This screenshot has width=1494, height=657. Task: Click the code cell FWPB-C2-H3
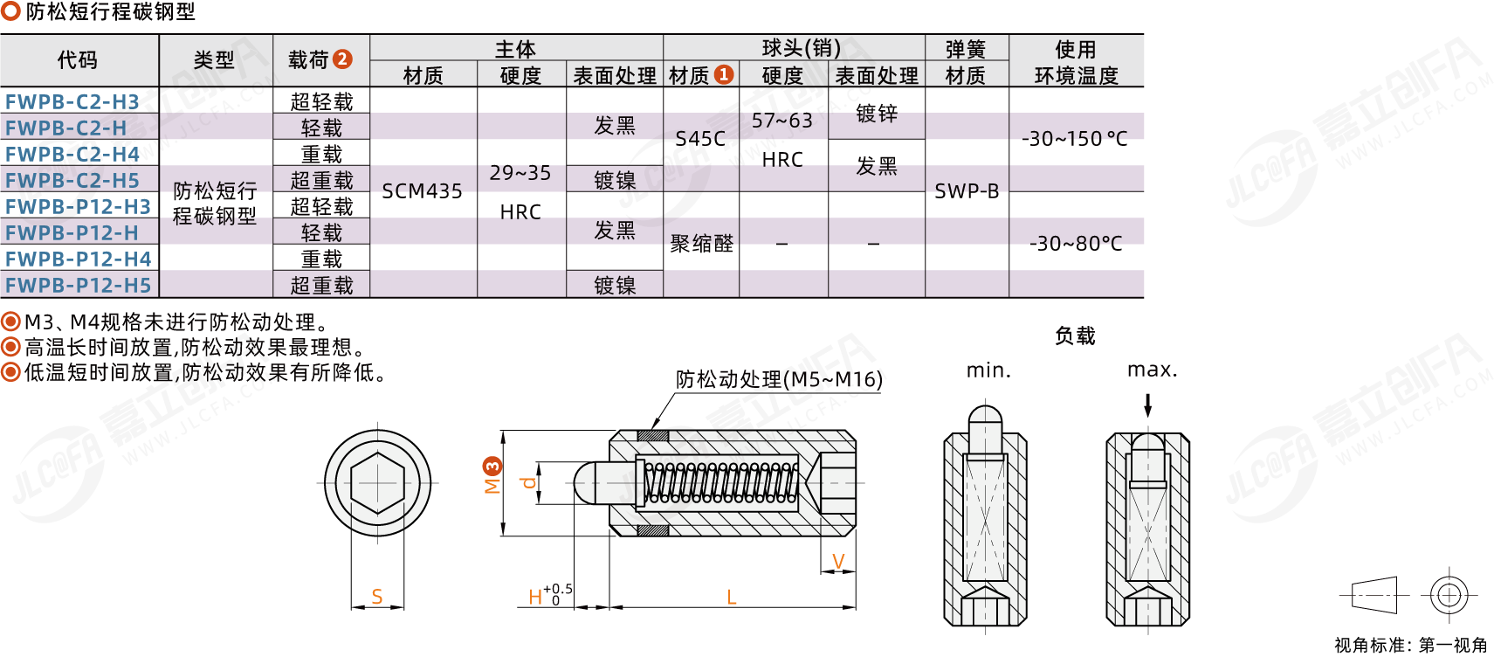click(72, 101)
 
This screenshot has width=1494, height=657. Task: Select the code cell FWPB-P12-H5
click(79, 285)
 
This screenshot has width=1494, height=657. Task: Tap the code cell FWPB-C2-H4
click(72, 154)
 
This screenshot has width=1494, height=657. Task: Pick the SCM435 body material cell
click(422, 191)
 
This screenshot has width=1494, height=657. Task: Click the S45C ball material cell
click(700, 139)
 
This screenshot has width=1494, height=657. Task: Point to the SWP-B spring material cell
click(967, 191)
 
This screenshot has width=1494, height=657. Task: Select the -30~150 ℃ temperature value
click(1075, 139)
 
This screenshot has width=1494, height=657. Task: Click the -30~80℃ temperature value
click(1076, 244)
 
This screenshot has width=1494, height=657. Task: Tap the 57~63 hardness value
click(782, 121)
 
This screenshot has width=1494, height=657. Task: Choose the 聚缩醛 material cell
click(701, 244)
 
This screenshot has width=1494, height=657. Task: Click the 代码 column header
click(78, 60)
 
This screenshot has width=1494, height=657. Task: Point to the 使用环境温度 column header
click(1076, 62)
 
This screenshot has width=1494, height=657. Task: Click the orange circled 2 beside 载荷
click(342, 59)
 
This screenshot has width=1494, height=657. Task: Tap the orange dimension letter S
click(377, 597)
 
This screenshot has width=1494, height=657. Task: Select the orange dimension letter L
click(732, 598)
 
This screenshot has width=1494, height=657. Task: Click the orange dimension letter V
click(838, 562)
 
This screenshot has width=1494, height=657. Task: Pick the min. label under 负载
click(988, 370)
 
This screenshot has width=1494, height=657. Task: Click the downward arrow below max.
click(1148, 405)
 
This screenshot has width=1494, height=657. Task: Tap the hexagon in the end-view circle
click(377, 481)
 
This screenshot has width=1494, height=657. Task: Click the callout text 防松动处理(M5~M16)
click(779, 379)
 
